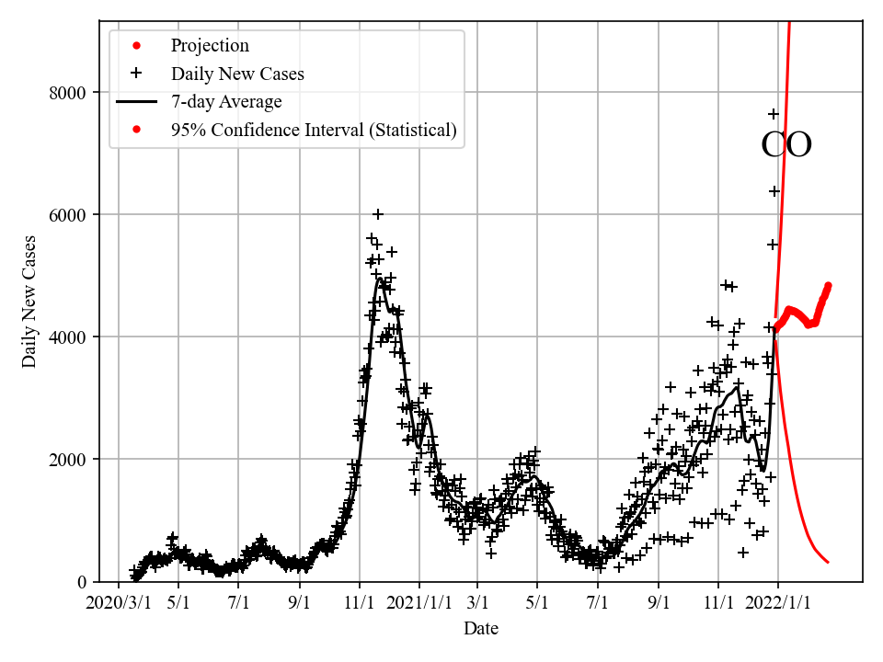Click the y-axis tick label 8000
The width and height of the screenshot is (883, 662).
pos(68,93)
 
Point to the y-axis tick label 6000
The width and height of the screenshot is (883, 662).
pos(68,215)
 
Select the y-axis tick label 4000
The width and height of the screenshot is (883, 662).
pos(68,337)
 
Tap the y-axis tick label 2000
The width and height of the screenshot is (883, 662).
pos(68,460)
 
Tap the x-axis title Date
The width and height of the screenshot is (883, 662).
pos(481,629)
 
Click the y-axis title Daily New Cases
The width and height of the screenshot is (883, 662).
pos(30,302)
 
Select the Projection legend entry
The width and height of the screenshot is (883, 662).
pos(210,46)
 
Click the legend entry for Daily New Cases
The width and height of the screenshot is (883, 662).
pos(237,74)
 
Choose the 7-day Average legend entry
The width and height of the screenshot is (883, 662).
pos(226,101)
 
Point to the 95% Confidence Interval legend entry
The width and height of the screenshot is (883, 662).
pos(314,130)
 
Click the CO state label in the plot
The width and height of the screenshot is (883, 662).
pos(786,145)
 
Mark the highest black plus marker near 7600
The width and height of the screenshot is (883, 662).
pos(774,114)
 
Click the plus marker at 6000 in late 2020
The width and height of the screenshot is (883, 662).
pos(377,214)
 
